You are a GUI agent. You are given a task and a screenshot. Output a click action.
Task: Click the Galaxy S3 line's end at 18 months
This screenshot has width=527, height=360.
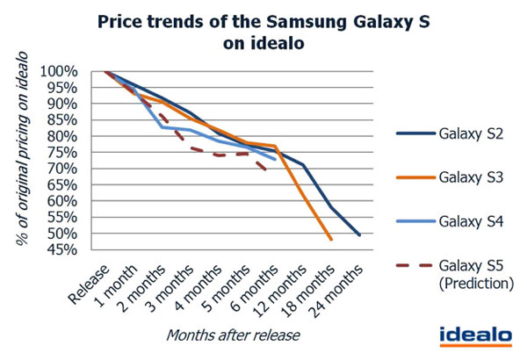(331, 240)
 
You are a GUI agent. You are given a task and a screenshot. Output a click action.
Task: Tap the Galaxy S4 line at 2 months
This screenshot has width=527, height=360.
(162, 127)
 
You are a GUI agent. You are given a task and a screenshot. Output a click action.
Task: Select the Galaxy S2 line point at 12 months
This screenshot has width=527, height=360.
(303, 165)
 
